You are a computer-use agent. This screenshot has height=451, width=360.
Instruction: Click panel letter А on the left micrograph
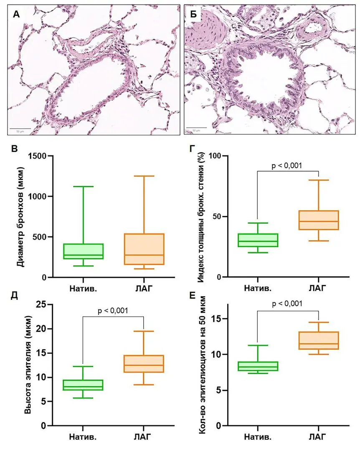pyautogui.click(x=16, y=15)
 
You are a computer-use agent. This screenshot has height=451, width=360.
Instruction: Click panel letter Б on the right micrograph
pyautogui.click(x=194, y=15)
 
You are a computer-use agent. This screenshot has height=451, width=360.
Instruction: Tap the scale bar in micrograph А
pyautogui.click(x=20, y=129)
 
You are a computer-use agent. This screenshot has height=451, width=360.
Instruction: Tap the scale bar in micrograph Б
pyautogui.click(x=196, y=128)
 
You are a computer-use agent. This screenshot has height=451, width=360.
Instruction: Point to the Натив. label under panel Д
pyautogui.click(x=83, y=437)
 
